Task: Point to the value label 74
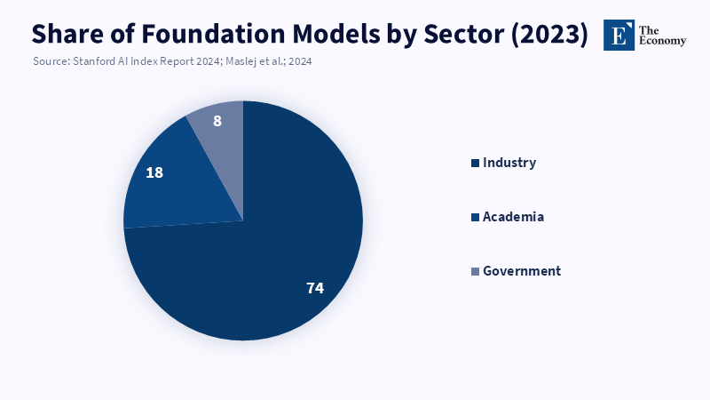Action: click(x=314, y=288)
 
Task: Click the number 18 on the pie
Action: click(x=154, y=172)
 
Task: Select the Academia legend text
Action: click(x=513, y=217)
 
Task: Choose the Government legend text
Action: click(x=522, y=271)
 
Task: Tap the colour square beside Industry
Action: click(x=475, y=163)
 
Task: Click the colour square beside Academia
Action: click(x=475, y=217)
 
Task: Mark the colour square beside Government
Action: click(x=475, y=271)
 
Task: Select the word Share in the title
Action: click(x=67, y=34)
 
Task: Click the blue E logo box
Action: click(x=619, y=35)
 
